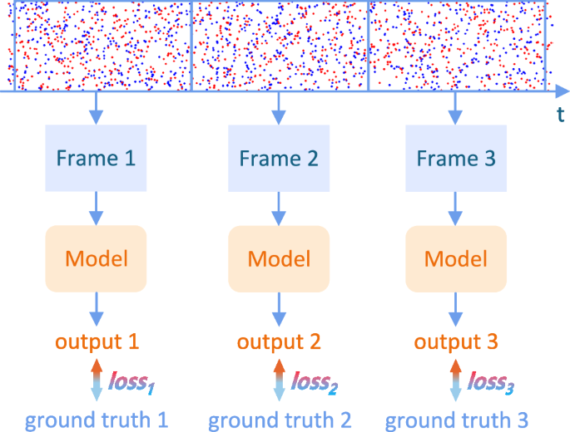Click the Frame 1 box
coord(96,158)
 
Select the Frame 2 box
coord(279,158)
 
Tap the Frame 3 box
coord(455,158)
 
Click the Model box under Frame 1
coord(96,258)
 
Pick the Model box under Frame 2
coord(279,258)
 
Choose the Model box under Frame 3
coord(455,258)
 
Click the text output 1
coord(97,341)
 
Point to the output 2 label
coord(279,341)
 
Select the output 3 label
coord(455,341)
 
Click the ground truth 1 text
coord(97,420)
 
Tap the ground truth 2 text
coord(280,420)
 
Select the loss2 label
coord(314,383)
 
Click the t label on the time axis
coord(561,115)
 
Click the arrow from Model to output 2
coord(279,308)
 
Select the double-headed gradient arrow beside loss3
coord(455,381)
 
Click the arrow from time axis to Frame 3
coord(455,107)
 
